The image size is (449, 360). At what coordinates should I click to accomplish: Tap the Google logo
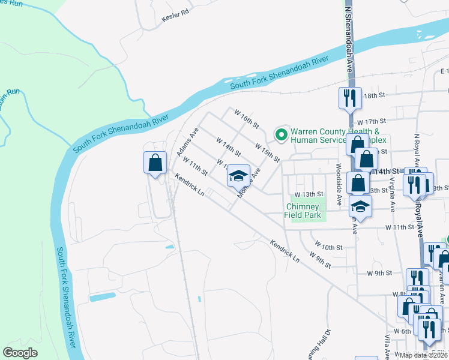20,353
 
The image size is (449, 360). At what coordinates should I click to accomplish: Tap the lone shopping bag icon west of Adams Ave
155,162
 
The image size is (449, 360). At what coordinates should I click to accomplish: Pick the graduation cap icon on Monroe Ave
238,176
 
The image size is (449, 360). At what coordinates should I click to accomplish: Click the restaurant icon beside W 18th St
349,97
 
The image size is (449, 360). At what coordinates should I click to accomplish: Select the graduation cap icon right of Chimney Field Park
360,206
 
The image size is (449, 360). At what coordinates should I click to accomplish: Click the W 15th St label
267,152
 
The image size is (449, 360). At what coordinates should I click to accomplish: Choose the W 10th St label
329,247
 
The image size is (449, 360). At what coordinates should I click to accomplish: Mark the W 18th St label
373,96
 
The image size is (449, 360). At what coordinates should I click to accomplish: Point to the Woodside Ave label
339,179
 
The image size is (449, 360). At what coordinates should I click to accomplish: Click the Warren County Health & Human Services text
335,136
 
